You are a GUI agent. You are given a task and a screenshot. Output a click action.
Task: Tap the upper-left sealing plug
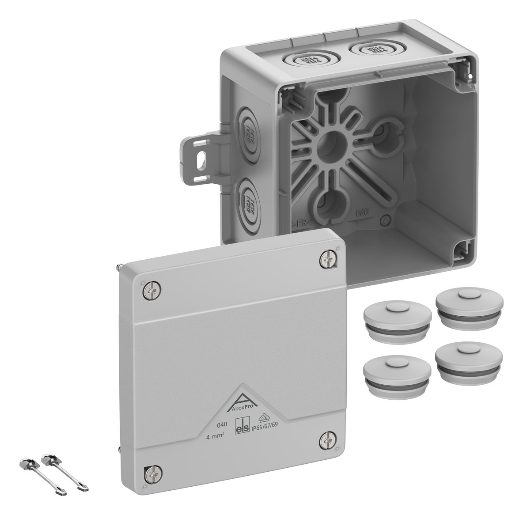point(397,316)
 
